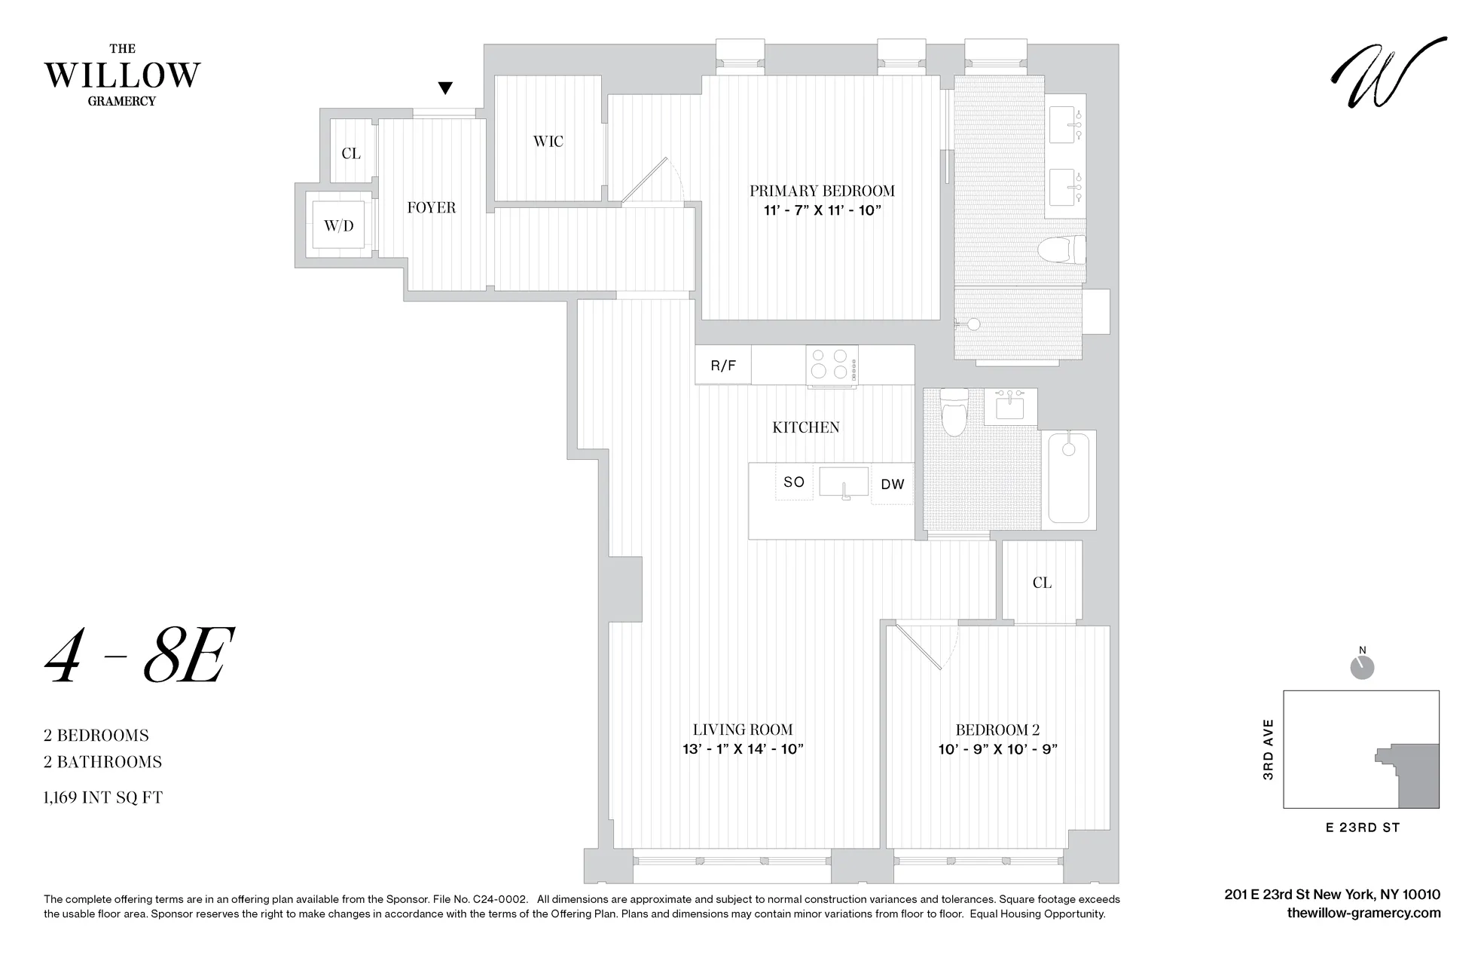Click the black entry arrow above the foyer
(445, 88)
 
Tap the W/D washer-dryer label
(338, 225)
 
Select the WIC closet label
(548, 142)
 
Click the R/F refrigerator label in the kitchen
(723, 366)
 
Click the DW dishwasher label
(892, 485)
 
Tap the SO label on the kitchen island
(794, 482)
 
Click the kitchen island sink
(844, 482)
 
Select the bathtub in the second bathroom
(1068, 478)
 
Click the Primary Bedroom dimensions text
(822, 211)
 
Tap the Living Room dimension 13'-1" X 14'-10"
(742, 749)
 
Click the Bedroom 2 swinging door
(918, 647)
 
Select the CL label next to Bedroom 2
(1042, 583)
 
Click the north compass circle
(1362, 668)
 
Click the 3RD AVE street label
(1268, 749)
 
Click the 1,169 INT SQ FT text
(103, 797)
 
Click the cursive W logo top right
(1388, 73)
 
